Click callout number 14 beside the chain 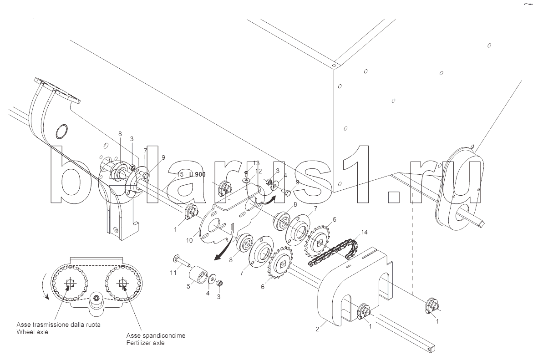pos(364,233)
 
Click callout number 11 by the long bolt pos(173,273)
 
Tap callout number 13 pos(256,163)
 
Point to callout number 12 pos(259,171)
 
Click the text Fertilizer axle pos(145,343)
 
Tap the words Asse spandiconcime pos(156,336)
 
